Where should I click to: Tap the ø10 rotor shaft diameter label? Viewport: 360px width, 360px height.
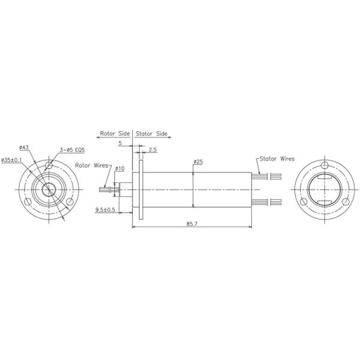point(119,169)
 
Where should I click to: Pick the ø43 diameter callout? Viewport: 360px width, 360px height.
point(25,148)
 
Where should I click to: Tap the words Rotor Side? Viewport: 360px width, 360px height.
point(115,134)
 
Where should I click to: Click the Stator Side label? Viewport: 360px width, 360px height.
point(152,134)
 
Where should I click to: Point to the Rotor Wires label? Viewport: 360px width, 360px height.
point(92,164)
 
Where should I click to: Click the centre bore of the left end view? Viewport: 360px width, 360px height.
point(47,188)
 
